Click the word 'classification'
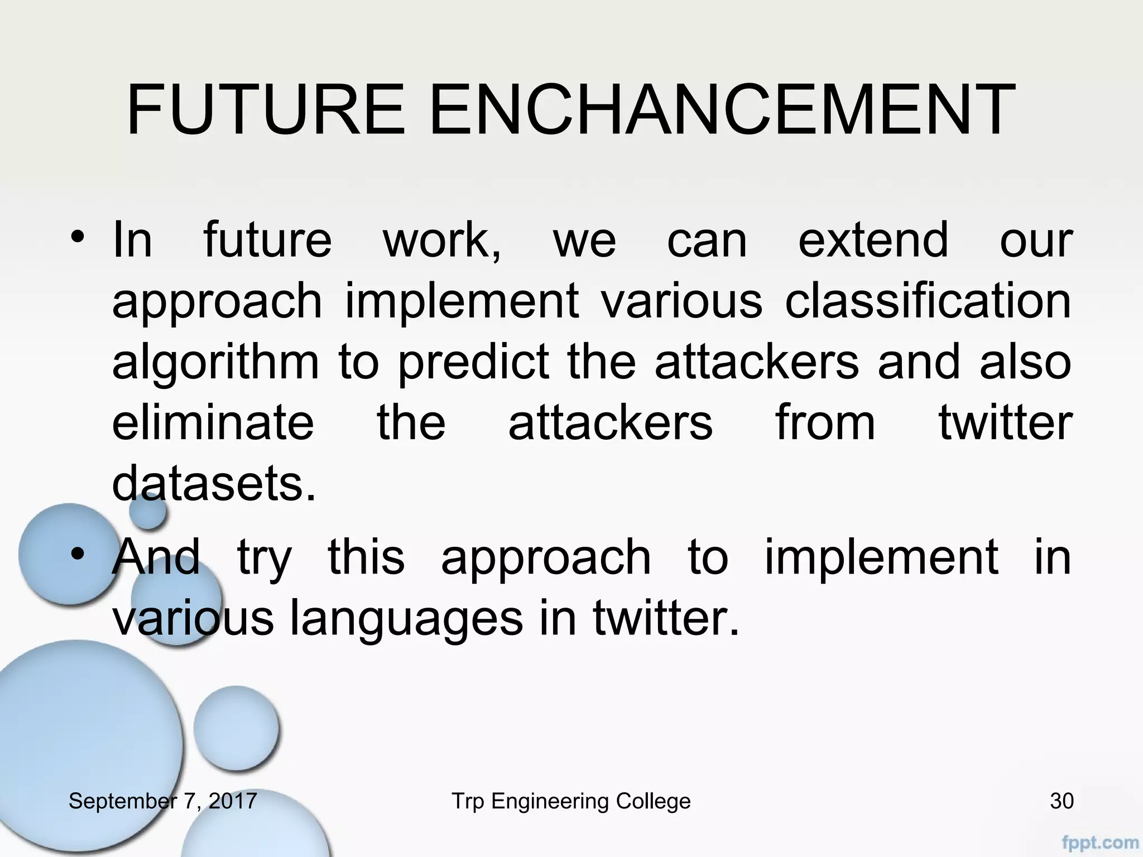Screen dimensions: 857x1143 tap(928, 302)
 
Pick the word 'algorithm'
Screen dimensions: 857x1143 tap(215, 363)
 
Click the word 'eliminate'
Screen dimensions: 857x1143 tap(213, 422)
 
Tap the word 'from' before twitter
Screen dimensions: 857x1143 tap(825, 422)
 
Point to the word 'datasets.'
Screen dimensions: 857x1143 tap(214, 484)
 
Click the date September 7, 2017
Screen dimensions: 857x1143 tap(162, 801)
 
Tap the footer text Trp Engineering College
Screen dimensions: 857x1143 tap(571, 801)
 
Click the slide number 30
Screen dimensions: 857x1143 tap(1062, 801)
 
